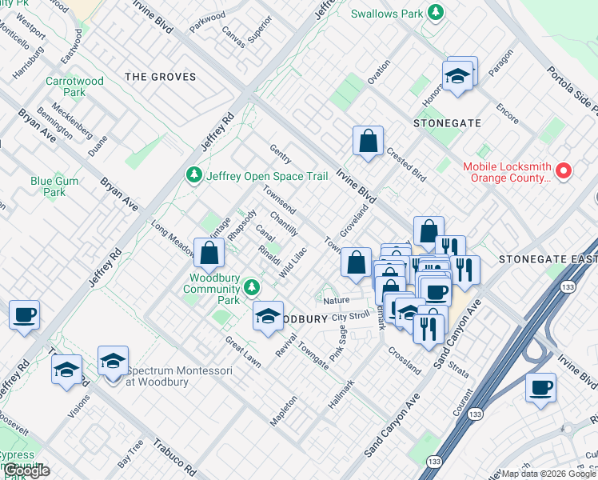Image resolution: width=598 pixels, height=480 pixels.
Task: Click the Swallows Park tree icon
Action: click(x=436, y=12)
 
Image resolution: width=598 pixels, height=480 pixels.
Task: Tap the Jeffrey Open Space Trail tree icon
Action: click(x=193, y=174)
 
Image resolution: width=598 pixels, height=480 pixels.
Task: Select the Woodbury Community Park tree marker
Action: click(x=253, y=286)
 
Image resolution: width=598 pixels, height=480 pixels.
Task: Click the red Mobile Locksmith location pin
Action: click(x=564, y=170)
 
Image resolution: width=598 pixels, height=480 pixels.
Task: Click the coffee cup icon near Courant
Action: click(x=540, y=388)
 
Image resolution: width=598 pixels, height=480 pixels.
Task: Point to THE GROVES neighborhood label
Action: click(x=161, y=77)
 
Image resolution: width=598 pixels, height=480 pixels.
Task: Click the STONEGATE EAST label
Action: click(x=547, y=259)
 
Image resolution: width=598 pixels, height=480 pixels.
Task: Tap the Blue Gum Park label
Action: click(x=54, y=186)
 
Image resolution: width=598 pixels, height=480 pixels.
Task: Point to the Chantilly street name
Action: click(x=284, y=223)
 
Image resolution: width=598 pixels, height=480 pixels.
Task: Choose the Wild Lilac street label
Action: click(x=293, y=263)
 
